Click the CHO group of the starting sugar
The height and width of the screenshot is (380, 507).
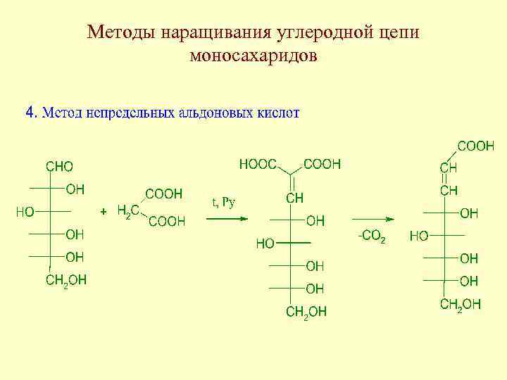tap(59, 167)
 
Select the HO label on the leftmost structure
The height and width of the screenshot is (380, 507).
tap(25, 211)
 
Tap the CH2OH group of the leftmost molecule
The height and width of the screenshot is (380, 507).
tap(66, 281)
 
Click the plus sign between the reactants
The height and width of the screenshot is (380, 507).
tap(104, 211)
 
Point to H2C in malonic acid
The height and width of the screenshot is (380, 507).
tap(127, 210)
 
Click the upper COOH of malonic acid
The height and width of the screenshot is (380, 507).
tap(163, 193)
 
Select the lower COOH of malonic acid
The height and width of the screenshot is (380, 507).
tap(167, 222)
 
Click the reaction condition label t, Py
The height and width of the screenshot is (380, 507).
tap(223, 203)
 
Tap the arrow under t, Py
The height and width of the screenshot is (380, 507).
tap(227, 218)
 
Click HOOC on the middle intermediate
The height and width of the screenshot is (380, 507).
tap(258, 165)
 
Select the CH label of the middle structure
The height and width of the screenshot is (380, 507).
tap(295, 198)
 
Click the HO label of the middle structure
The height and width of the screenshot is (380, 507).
tap(265, 244)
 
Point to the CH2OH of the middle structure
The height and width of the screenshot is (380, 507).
tap(306, 311)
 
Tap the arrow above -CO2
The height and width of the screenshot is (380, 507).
tap(373, 218)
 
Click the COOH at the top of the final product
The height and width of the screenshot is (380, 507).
tap(476, 146)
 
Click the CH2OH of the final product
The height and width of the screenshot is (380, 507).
tap(461, 304)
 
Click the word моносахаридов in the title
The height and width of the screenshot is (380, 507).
tap(254, 56)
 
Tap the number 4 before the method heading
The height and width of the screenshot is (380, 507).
tap(30, 112)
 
